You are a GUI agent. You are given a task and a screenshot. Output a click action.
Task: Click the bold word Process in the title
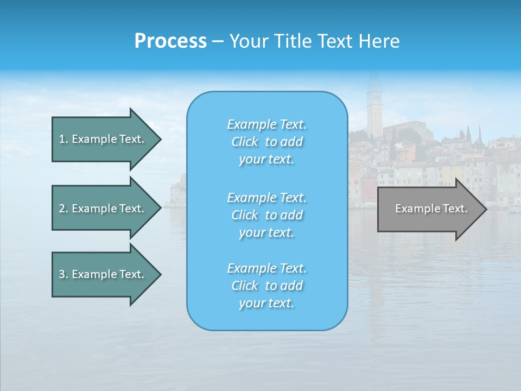pos(170,41)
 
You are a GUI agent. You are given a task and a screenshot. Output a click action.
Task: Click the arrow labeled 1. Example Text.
pos(101,139)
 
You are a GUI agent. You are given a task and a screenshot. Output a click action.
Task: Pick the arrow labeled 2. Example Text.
pos(101,209)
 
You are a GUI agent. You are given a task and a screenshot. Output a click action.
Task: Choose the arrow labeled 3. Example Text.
pos(101,274)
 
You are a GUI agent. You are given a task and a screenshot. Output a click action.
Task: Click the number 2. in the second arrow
pos(63,209)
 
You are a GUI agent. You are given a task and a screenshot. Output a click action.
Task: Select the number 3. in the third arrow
pos(63,274)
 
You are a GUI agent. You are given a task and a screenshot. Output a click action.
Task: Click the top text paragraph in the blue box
pos(266,142)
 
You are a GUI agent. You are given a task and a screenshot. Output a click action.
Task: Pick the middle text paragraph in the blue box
pos(266,215)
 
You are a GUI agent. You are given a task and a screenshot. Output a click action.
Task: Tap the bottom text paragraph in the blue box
pos(266,286)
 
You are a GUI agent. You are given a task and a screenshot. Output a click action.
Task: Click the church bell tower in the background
pos(374,109)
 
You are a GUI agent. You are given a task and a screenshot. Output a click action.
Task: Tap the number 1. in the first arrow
pos(63,139)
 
